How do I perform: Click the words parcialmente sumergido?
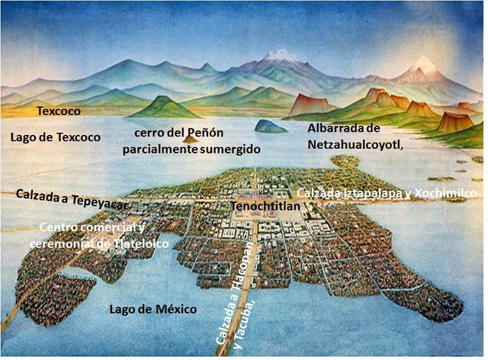point(191,149)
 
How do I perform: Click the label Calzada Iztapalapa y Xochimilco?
point(385,193)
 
